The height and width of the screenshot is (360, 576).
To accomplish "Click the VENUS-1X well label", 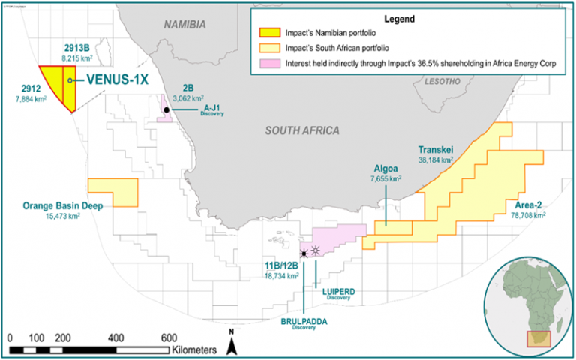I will [x=115, y=79].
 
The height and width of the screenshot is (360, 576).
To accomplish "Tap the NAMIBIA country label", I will [x=184, y=25].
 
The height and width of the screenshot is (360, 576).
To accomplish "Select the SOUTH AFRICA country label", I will [x=302, y=130].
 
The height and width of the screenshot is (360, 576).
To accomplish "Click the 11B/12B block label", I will [x=283, y=265].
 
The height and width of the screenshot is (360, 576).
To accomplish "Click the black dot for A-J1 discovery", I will [x=166, y=109].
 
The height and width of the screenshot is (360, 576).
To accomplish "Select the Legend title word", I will [x=407, y=17].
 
